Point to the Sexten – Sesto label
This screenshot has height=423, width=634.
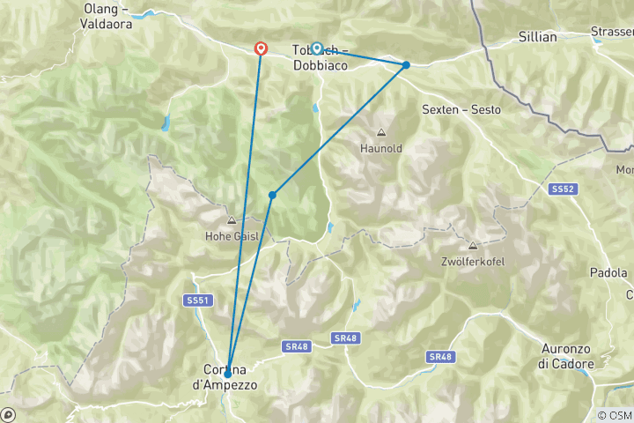[461, 110]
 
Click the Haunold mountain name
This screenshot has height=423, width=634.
[381, 148]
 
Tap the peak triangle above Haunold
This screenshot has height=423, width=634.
[381, 133]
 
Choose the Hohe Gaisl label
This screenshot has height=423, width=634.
[232, 235]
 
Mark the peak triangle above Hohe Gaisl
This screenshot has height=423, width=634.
[232, 220]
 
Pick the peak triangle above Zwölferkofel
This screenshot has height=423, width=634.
[473, 246]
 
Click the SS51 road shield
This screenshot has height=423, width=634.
[198, 301]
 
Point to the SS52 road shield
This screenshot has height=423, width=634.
[563, 189]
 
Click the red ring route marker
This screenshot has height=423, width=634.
[261, 48]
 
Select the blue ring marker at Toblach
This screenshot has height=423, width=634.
[317, 48]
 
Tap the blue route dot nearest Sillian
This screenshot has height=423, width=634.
[406, 64]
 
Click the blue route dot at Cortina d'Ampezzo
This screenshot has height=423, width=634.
[228, 374]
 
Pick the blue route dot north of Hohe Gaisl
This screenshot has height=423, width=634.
[273, 195]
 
